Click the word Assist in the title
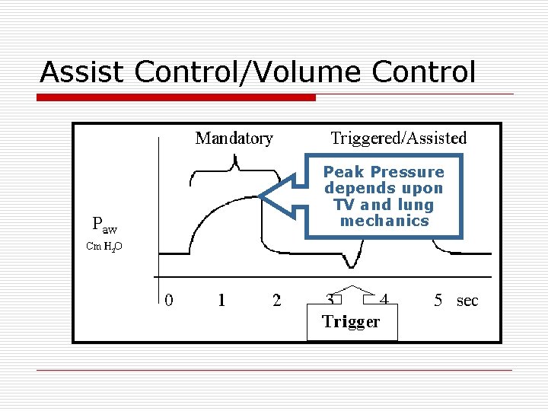84,72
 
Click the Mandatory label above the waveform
234,139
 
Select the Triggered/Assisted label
399,139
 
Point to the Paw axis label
104,224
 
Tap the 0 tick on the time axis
169,301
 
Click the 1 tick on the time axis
221,301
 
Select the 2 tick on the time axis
276,301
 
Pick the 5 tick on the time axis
438,301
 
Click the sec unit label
467,301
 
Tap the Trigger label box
351,322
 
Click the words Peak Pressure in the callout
384,172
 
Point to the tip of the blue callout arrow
261,197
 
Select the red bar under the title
177,97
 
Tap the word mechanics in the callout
384,221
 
